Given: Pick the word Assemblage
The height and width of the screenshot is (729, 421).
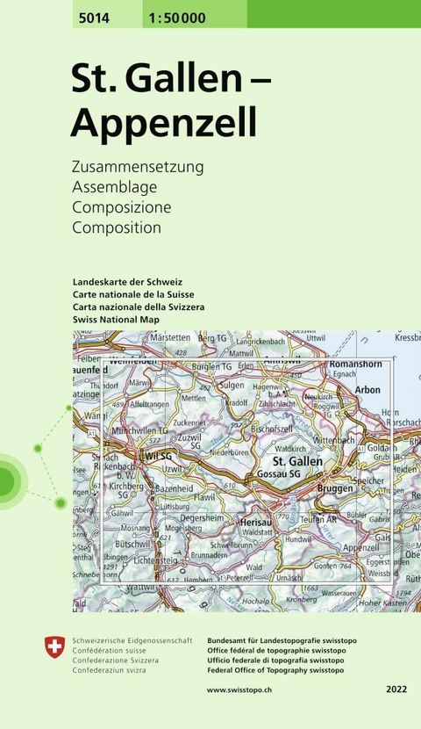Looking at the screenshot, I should (x=115, y=186).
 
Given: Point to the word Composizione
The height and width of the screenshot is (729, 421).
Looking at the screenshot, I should (x=122, y=207).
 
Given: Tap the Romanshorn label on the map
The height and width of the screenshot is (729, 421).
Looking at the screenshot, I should (x=359, y=364).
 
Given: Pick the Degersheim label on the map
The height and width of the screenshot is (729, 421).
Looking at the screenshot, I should (x=203, y=519).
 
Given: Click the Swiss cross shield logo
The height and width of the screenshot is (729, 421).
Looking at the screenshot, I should (x=54, y=649).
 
